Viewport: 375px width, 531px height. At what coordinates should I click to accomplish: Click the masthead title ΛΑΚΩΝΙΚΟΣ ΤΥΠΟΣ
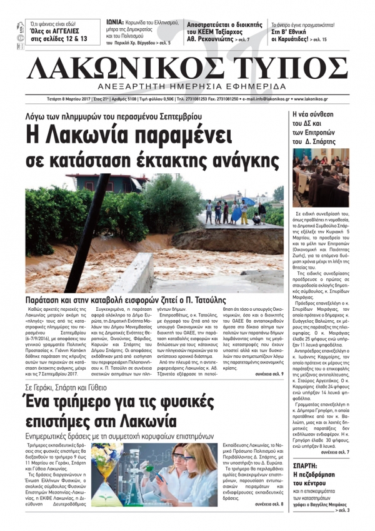187,65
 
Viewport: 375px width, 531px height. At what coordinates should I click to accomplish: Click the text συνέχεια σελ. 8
268,520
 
